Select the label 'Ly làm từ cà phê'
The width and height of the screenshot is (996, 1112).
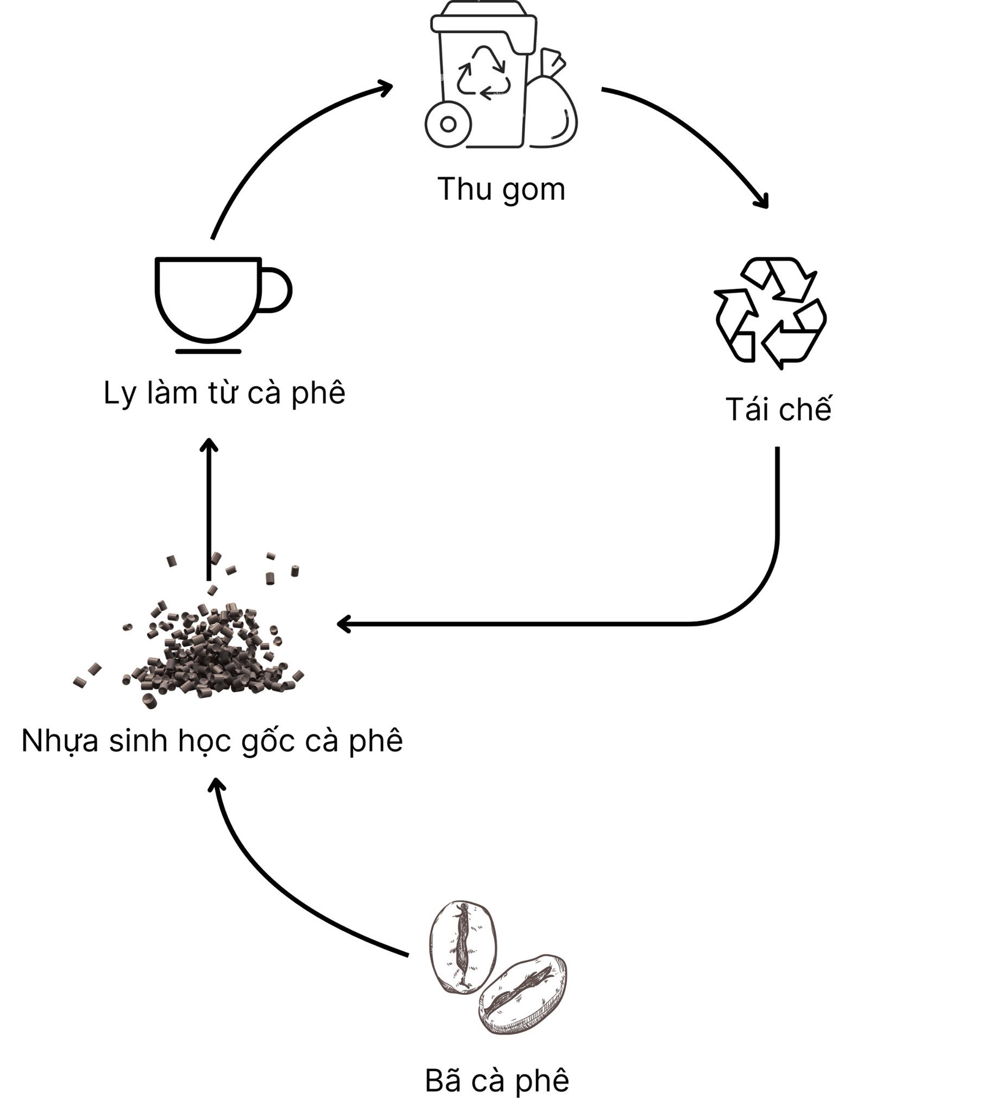coord(224,393)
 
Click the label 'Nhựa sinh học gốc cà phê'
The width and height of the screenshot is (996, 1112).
coord(212,741)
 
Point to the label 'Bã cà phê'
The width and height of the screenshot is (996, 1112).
coord(497,1081)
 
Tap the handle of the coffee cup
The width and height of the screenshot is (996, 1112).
coord(276,290)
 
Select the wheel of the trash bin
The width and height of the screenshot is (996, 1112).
coord(448,124)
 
